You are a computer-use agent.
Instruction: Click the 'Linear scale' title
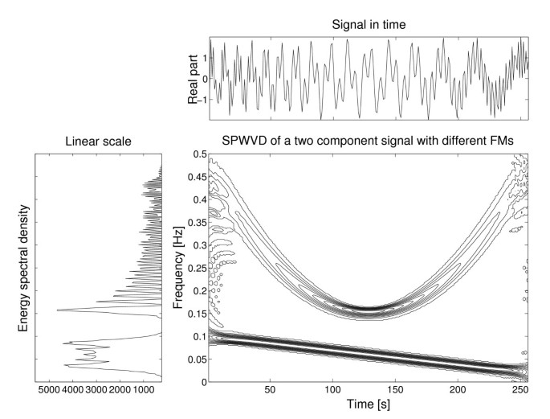point(100,142)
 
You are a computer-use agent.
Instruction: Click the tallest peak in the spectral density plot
point(57,310)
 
